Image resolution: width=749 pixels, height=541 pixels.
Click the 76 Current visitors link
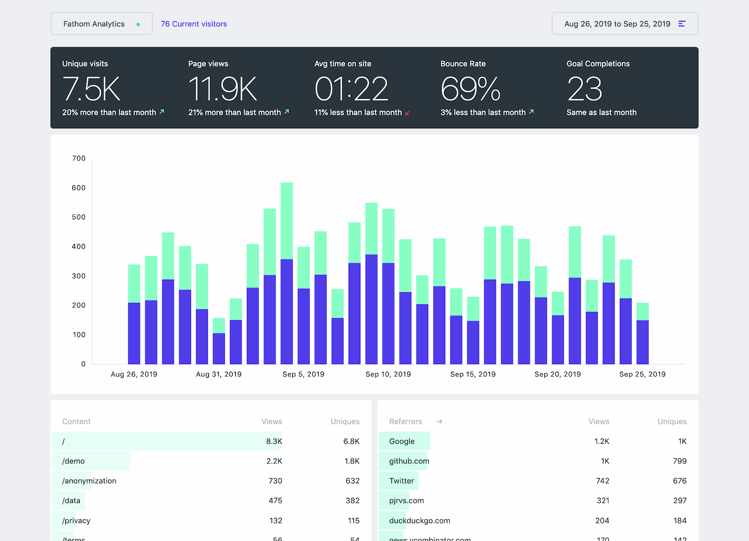point(194,24)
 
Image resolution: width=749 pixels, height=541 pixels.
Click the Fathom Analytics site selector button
point(101,24)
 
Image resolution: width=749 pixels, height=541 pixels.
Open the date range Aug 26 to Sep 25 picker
point(625,24)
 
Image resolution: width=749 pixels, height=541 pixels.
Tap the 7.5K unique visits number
point(92,89)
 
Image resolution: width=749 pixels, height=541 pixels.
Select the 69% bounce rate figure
point(470,89)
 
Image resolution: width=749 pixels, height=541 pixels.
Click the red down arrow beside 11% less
point(407,113)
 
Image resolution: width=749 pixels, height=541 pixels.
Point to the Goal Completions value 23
point(584,89)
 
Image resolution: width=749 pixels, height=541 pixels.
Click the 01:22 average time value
point(351,89)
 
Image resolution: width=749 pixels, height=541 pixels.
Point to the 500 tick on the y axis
point(79,217)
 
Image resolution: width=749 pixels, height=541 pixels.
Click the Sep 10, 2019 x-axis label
point(388,374)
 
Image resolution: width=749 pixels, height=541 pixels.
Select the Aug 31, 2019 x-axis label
point(219,374)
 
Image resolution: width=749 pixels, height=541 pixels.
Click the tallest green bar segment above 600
point(287,221)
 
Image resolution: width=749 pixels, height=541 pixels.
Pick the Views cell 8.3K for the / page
point(274,441)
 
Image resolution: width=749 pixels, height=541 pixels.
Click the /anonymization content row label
point(89,481)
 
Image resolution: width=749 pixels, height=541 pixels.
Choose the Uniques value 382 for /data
point(352,500)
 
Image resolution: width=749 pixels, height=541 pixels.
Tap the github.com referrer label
point(409,461)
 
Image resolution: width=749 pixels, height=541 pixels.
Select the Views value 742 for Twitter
point(602,481)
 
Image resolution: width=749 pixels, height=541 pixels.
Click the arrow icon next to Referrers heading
point(439,422)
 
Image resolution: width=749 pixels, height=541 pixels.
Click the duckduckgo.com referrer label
point(419,520)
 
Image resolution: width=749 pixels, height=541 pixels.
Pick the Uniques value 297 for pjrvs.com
point(679,500)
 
